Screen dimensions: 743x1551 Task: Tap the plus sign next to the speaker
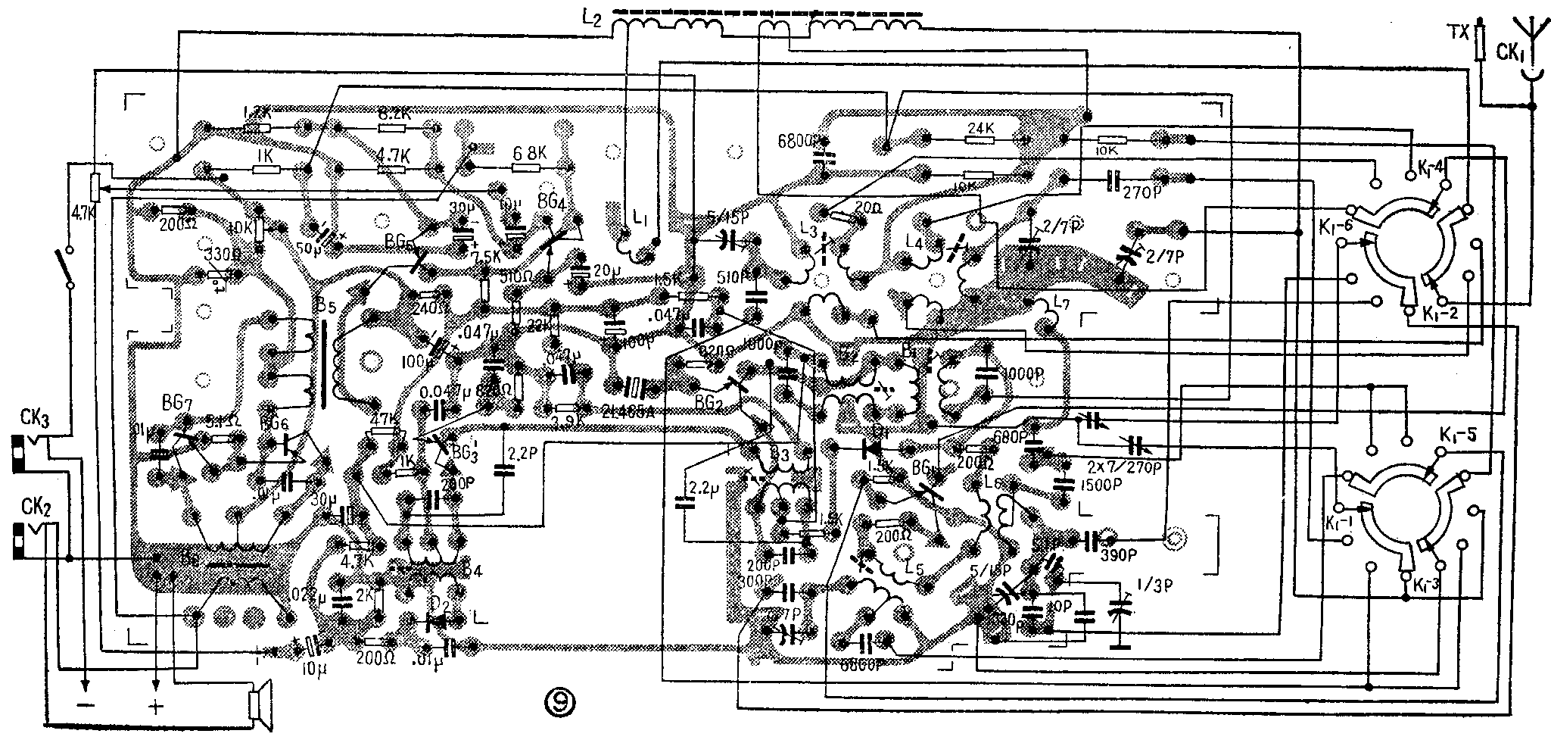(x=157, y=707)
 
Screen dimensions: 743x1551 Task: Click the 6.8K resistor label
(x=528, y=152)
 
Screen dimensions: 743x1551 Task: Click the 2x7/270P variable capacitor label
(x=1126, y=467)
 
